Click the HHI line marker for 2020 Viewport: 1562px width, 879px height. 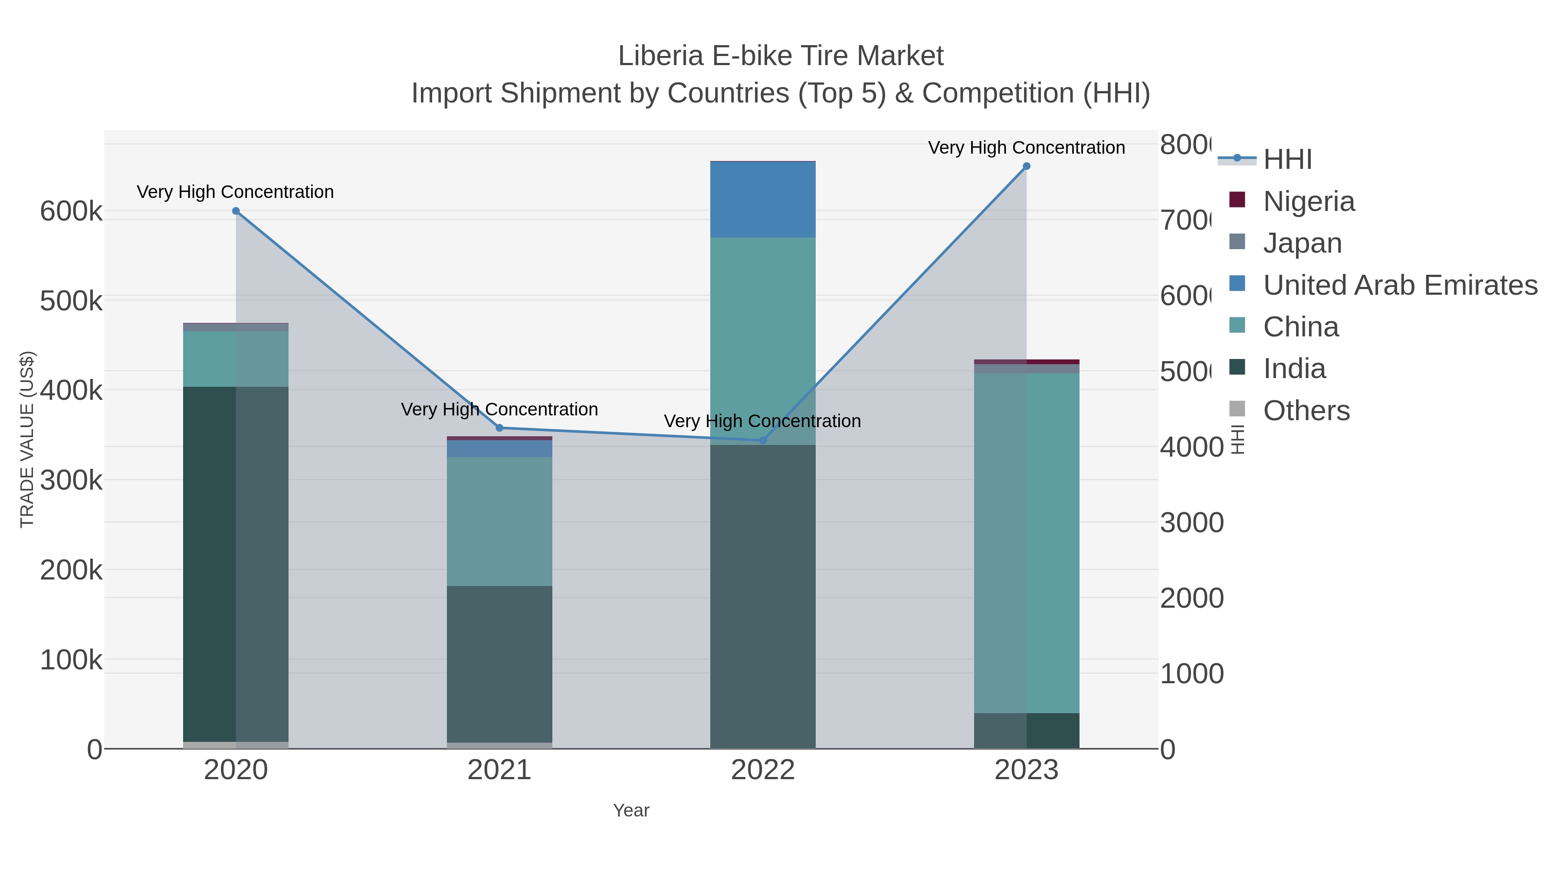pos(236,211)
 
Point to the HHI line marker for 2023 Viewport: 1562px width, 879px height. pos(1027,166)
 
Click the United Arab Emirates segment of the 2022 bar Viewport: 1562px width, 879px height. pos(763,200)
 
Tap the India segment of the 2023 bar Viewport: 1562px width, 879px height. pos(1027,731)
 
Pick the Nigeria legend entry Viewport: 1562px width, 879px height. pos(1308,201)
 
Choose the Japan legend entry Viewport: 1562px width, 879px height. pos(1302,243)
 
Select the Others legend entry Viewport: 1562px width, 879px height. pos(1306,411)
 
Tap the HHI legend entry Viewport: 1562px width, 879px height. pos(1287,160)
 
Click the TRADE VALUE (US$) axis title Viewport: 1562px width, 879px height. pos(27,439)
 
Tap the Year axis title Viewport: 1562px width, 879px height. pos(630,810)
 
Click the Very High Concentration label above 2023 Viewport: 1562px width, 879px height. pos(1027,148)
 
